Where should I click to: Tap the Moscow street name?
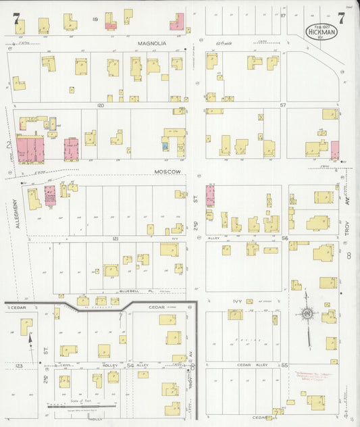[x=168, y=172]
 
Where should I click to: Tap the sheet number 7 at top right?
[x=342, y=18]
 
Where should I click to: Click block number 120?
[x=100, y=105]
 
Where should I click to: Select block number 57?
[x=284, y=105]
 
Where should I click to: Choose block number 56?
[x=284, y=238]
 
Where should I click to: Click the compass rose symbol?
[x=307, y=313]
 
